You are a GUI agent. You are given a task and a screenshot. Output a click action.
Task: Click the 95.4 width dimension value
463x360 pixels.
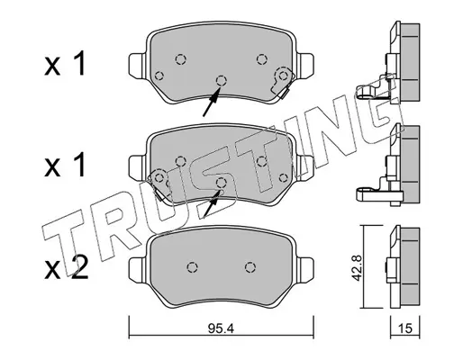[221, 329]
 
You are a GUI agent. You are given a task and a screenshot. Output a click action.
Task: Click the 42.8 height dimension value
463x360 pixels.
[356, 267]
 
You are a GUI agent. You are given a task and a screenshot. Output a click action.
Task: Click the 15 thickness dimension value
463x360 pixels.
[405, 328]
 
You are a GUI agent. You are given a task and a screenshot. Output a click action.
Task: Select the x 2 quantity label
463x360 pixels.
[67, 268]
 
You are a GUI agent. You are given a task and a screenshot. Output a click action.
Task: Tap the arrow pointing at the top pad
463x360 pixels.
[212, 102]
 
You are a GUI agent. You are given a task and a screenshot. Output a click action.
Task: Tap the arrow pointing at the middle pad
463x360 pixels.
[213, 204]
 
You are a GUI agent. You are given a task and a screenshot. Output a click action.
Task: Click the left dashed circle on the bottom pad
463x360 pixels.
[192, 266]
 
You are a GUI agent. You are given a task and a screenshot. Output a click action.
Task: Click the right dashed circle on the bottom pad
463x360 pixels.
[250, 266]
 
